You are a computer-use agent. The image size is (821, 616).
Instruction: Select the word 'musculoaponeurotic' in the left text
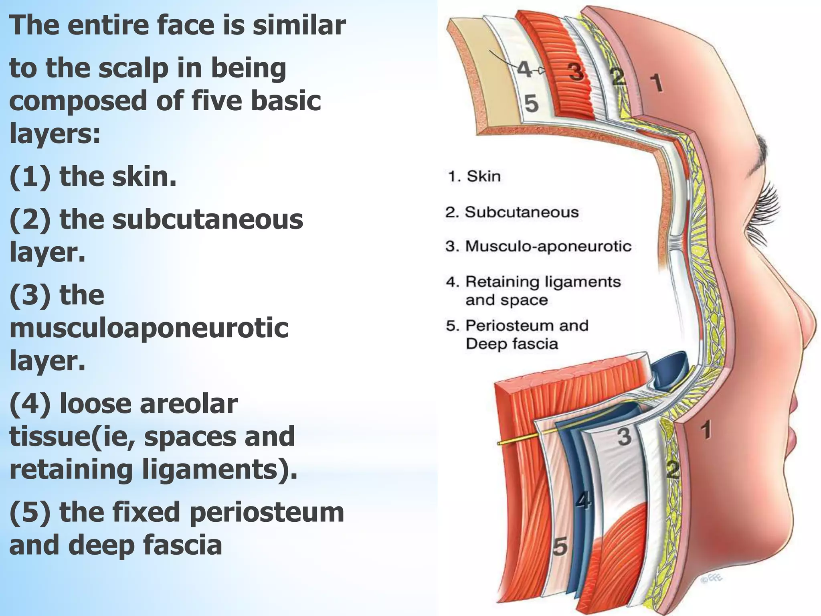[149, 328]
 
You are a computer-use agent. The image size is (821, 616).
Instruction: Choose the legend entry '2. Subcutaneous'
[512, 212]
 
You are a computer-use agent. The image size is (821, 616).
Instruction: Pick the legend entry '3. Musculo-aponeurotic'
[538, 246]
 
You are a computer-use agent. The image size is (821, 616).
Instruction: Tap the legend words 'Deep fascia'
[512, 344]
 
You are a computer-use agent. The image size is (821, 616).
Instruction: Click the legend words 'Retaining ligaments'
[542, 282]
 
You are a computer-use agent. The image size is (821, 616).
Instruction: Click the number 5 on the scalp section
[531, 103]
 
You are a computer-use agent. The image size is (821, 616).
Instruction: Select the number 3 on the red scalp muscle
[576, 72]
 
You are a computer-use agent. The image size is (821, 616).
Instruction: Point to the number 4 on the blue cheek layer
[583, 501]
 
